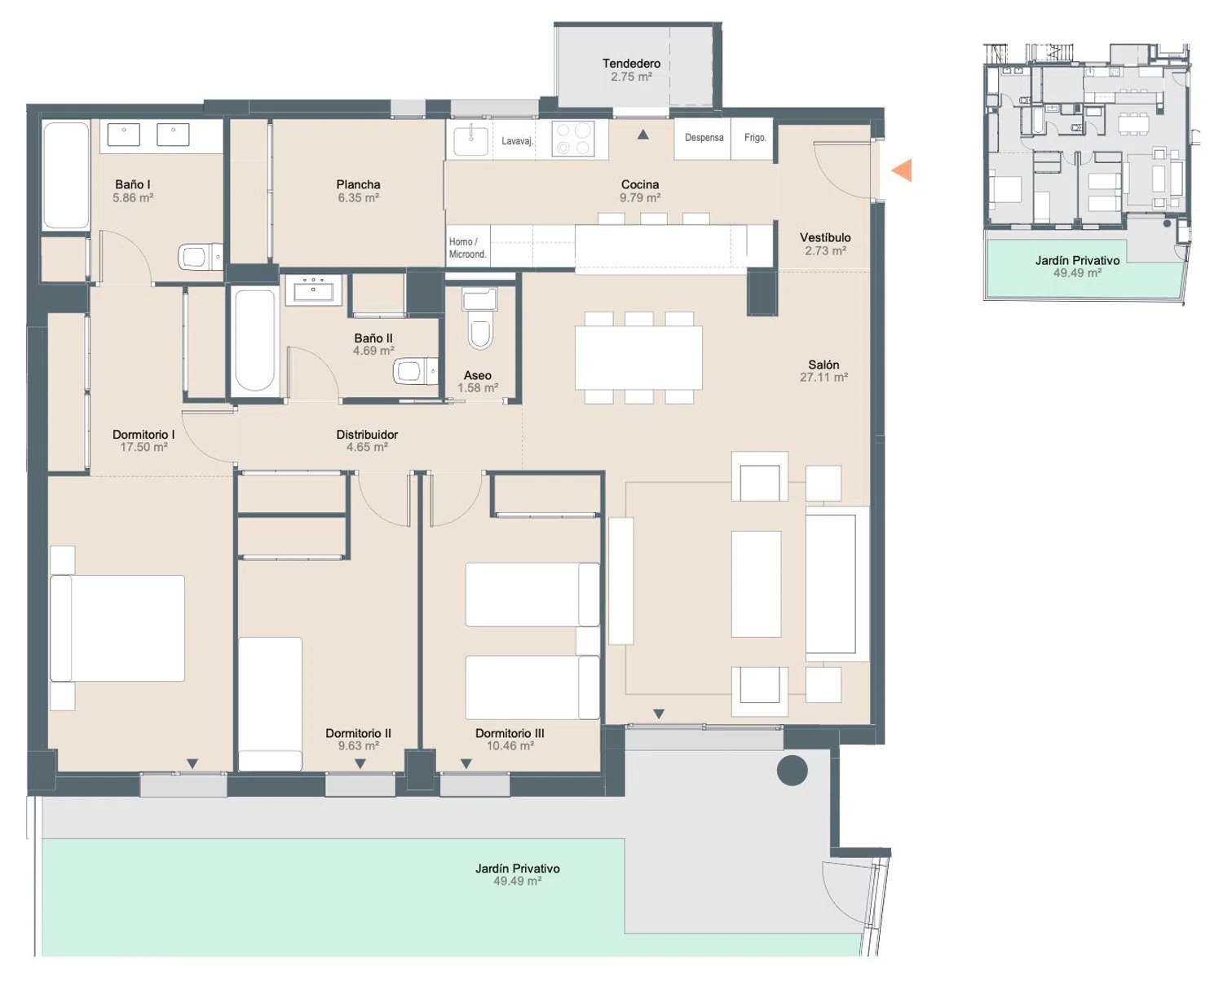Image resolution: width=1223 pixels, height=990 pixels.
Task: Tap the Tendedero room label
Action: [631, 64]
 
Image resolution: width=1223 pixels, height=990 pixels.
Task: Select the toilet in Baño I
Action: [200, 257]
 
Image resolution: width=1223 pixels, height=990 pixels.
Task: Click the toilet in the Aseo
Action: [479, 320]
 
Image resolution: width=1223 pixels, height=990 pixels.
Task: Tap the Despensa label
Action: [704, 138]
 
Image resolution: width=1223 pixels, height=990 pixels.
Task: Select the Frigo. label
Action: [755, 138]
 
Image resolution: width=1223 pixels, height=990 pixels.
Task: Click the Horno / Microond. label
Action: [467, 248]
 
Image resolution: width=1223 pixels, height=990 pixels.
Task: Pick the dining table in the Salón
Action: [638, 358]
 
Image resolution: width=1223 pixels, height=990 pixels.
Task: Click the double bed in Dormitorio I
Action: [117, 628]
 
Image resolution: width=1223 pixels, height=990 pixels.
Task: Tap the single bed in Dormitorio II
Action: [270, 704]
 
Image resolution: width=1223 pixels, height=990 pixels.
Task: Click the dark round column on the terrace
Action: [792, 770]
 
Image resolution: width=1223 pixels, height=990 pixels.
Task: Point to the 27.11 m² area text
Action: [823, 378]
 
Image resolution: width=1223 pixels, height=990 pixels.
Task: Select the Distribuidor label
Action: [367, 435]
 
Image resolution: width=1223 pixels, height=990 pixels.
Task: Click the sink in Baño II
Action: [313, 288]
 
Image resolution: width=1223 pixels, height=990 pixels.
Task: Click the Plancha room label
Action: [358, 184]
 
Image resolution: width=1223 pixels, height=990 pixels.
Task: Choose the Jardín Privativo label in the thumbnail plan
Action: [1077, 261]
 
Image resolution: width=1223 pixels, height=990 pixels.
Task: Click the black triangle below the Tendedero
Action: [643, 135]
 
